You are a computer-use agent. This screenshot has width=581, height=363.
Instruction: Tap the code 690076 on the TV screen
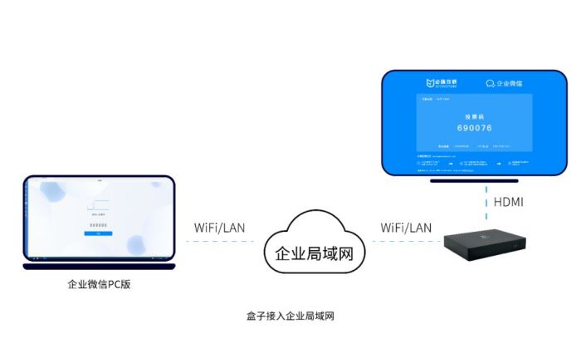[474, 129]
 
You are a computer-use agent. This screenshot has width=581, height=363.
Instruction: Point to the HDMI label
[508, 202]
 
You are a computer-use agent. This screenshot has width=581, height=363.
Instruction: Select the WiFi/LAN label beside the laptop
[219, 227]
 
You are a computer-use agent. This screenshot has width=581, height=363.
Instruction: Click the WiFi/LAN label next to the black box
[406, 227]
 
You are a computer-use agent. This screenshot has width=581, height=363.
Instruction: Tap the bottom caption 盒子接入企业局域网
[290, 316]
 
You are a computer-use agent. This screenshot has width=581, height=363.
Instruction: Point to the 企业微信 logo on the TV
[505, 83]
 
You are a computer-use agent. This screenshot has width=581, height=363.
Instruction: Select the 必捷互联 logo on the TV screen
[441, 83]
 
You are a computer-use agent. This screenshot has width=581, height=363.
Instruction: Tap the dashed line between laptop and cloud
[219, 242]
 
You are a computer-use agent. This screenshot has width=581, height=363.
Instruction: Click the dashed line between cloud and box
[406, 242]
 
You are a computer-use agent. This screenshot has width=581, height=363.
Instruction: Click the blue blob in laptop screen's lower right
[137, 244]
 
